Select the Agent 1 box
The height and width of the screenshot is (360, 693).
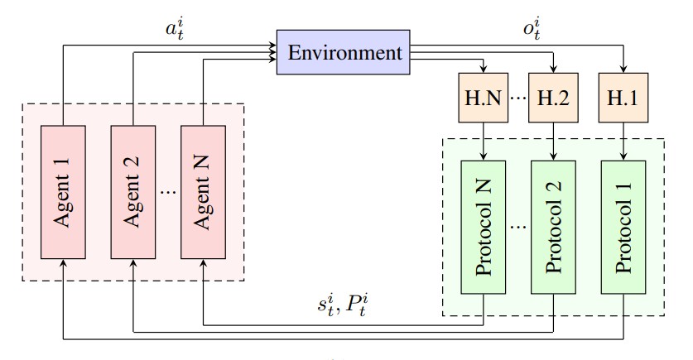click(x=63, y=191)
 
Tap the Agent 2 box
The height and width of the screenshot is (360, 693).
click(x=132, y=191)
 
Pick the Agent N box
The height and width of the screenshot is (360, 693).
click(x=203, y=191)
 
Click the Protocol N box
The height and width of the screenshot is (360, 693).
click(x=483, y=225)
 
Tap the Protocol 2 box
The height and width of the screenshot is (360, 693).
click(x=552, y=225)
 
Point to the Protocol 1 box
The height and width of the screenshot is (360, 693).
click(x=623, y=225)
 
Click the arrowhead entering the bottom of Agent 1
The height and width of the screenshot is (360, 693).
click(x=63, y=263)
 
